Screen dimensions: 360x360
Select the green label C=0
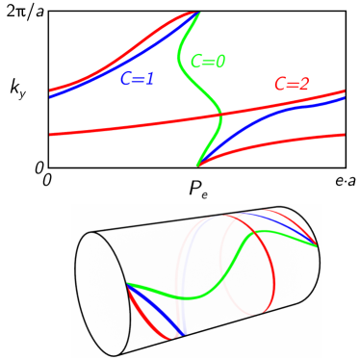click(207, 62)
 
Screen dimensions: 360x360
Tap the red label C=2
click(291, 85)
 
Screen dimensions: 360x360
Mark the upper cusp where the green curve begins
click(199, 13)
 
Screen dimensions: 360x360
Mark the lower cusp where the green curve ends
click(198, 165)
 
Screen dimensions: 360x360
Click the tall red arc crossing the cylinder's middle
click(272, 279)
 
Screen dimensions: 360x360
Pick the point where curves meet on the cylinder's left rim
click(126, 285)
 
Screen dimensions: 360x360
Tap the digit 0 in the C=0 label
click(219, 62)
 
